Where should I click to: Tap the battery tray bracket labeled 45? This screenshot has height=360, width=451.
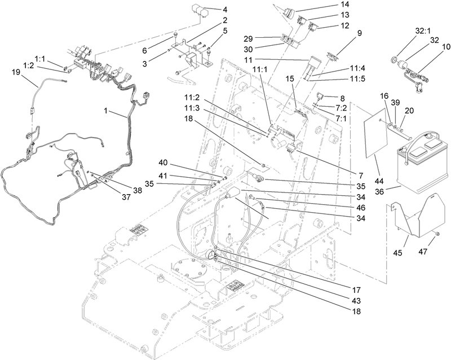pyautogui.click(x=417, y=217)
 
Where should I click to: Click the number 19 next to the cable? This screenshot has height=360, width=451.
pyautogui.click(x=16, y=72)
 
